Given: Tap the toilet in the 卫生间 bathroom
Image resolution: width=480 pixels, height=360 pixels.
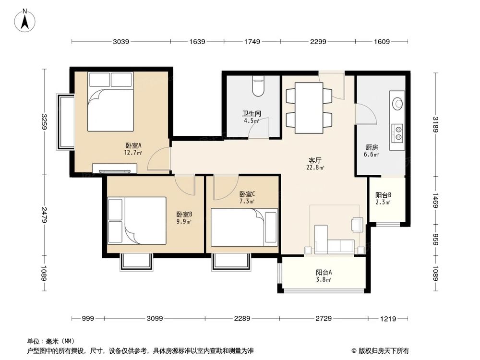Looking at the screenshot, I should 258,86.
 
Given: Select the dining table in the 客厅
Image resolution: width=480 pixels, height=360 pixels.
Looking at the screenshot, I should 309,108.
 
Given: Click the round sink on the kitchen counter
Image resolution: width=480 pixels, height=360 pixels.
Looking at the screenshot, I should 398,103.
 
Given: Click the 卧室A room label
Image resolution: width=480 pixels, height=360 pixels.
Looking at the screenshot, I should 133,149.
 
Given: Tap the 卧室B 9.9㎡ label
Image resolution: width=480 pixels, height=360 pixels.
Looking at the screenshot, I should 184,218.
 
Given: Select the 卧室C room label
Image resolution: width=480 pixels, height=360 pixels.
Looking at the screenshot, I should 247,197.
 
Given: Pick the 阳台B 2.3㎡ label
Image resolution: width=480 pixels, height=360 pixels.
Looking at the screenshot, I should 383,198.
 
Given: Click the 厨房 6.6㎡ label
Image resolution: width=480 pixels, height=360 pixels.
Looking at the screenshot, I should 372,151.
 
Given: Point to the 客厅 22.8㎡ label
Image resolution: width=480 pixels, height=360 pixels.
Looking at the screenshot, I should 315,164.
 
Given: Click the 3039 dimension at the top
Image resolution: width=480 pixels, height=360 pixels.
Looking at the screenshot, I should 121,42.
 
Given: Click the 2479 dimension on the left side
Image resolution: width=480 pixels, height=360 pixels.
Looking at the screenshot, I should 44,215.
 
